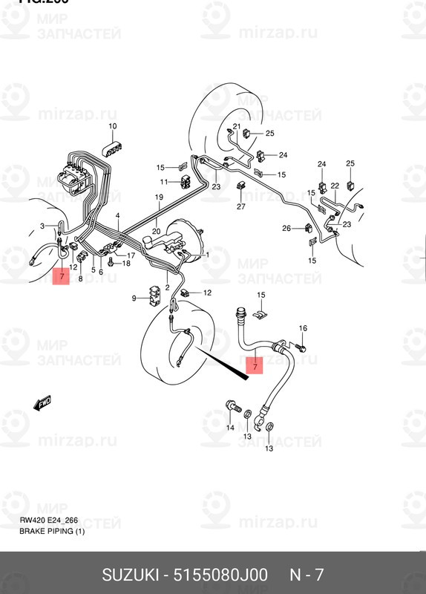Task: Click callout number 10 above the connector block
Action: (x=113, y=126)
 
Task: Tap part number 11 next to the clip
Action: (x=163, y=182)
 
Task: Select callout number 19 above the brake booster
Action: (x=158, y=197)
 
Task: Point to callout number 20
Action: (x=156, y=232)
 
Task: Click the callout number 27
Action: (x=240, y=206)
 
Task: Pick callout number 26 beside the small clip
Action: (x=286, y=228)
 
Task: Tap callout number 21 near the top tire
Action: (x=236, y=126)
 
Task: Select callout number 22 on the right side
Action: (x=335, y=186)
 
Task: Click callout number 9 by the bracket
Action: (x=134, y=298)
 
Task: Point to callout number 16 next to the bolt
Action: (x=302, y=328)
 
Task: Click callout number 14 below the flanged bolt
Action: (x=230, y=428)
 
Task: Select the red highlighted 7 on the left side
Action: (x=62, y=279)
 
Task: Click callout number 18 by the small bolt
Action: (x=125, y=264)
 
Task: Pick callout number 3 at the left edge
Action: (x=43, y=225)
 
